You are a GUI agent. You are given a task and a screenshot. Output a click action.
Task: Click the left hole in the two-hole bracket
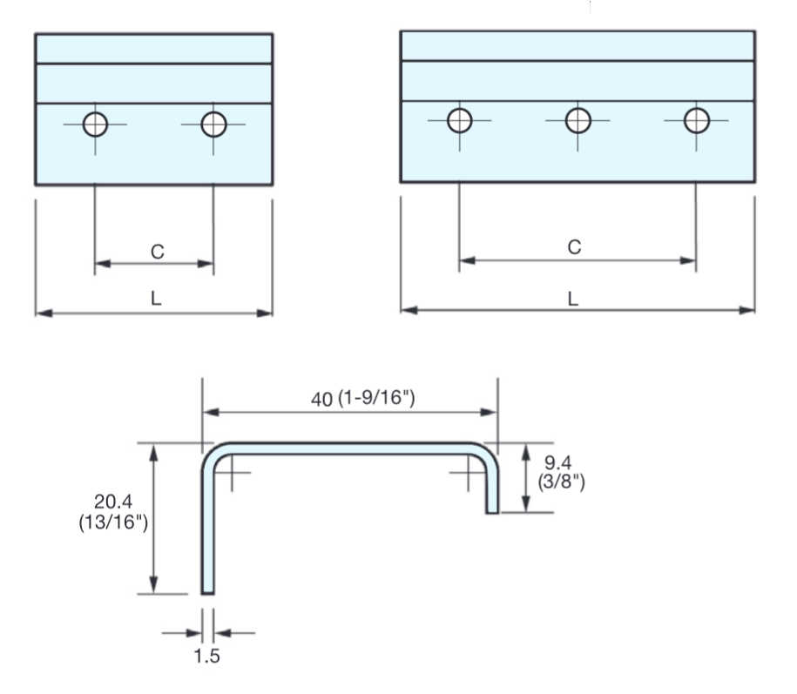pos(95,125)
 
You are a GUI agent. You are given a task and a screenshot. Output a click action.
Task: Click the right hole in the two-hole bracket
pos(213,125)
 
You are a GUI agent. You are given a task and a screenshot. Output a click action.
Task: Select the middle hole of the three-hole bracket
pos(577,119)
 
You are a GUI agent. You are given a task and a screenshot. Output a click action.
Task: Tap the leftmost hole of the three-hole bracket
pos(460,119)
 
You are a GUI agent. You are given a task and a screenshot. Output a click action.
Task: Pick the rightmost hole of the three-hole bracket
pos(696,119)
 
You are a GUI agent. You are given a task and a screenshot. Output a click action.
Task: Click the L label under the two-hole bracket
pos(155,298)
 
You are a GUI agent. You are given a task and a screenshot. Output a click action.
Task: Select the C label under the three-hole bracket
pos(574,247)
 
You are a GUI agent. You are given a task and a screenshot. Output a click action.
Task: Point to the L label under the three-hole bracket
pos(573,298)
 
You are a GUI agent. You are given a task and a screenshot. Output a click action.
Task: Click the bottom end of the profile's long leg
pos(207,591)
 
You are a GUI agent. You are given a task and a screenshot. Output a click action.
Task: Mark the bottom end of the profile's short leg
pos(492,510)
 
